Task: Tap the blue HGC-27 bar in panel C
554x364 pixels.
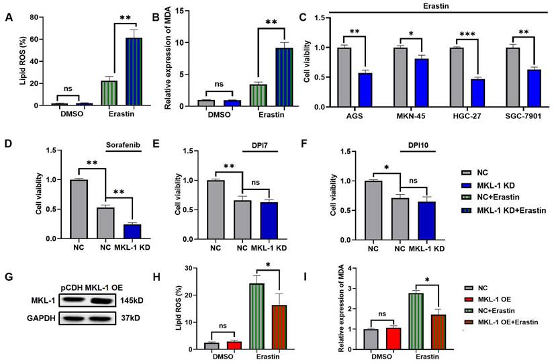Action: tap(461, 93)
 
